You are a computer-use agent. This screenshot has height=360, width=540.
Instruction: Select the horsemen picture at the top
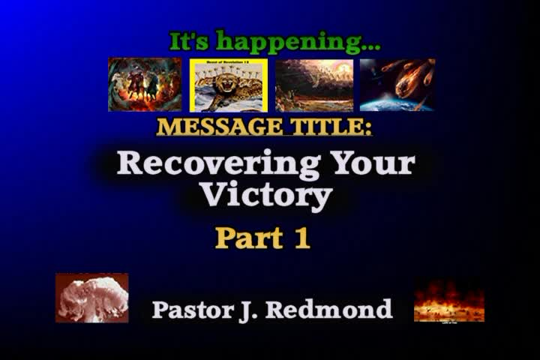[145, 85]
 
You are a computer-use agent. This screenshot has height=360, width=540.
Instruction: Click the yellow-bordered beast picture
[228, 85]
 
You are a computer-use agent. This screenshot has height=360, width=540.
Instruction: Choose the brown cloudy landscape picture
[314, 85]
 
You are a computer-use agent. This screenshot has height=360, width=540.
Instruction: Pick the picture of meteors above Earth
[397, 85]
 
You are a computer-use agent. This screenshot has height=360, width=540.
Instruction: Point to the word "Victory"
[266, 195]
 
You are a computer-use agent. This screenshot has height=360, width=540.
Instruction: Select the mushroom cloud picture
[91, 298]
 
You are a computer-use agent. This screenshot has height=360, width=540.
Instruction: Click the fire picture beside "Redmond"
[448, 300]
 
